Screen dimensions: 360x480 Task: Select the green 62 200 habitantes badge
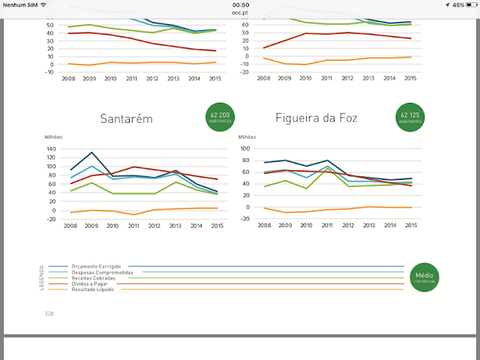click(x=220, y=116)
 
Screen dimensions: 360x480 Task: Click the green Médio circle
click(x=424, y=277)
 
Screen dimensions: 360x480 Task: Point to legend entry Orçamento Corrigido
click(x=90, y=266)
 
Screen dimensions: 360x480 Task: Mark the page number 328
click(x=49, y=313)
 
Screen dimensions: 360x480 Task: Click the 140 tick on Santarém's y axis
click(x=52, y=149)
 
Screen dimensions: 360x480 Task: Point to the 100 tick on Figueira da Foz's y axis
click(x=244, y=148)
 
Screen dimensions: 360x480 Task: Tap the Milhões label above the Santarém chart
click(x=53, y=137)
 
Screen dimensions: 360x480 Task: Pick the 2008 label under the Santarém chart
click(x=70, y=226)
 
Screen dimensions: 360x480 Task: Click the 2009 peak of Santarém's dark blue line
click(x=91, y=152)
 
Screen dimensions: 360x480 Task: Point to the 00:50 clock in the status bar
click(x=240, y=4)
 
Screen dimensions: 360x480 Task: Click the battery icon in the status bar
click(x=468, y=4)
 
